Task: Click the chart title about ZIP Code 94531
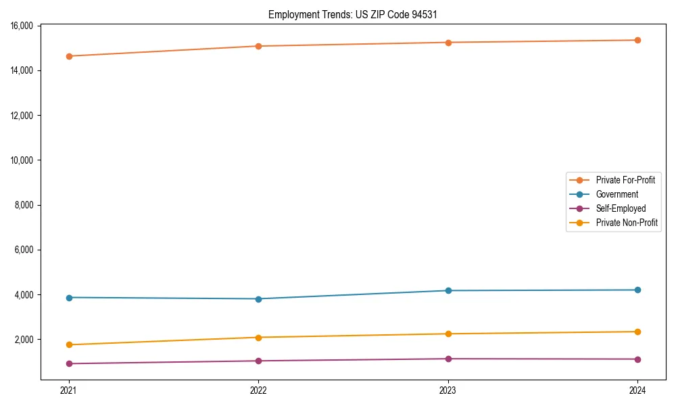353,14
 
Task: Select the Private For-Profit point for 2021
69,56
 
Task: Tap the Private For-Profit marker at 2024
637,40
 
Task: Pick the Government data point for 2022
258,298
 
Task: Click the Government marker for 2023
448,290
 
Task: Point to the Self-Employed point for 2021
69,363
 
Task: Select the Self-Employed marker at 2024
637,359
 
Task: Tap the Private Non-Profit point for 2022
258,337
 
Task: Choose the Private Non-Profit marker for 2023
448,334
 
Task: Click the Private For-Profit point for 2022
258,46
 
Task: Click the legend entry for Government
617,194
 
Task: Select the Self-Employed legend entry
621,208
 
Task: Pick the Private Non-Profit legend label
627,223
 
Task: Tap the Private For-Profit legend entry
625,180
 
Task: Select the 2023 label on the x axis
448,390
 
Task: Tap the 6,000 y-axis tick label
25,250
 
